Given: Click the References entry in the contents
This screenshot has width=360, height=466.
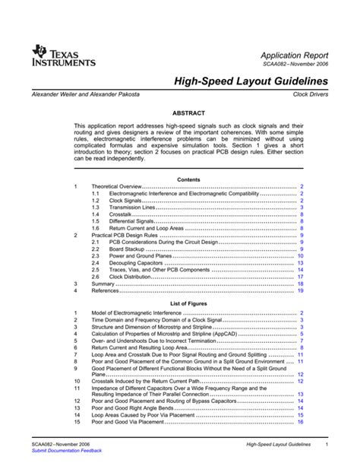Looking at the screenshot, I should tap(109, 291).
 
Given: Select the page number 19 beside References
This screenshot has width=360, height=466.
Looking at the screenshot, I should tap(301, 291).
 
